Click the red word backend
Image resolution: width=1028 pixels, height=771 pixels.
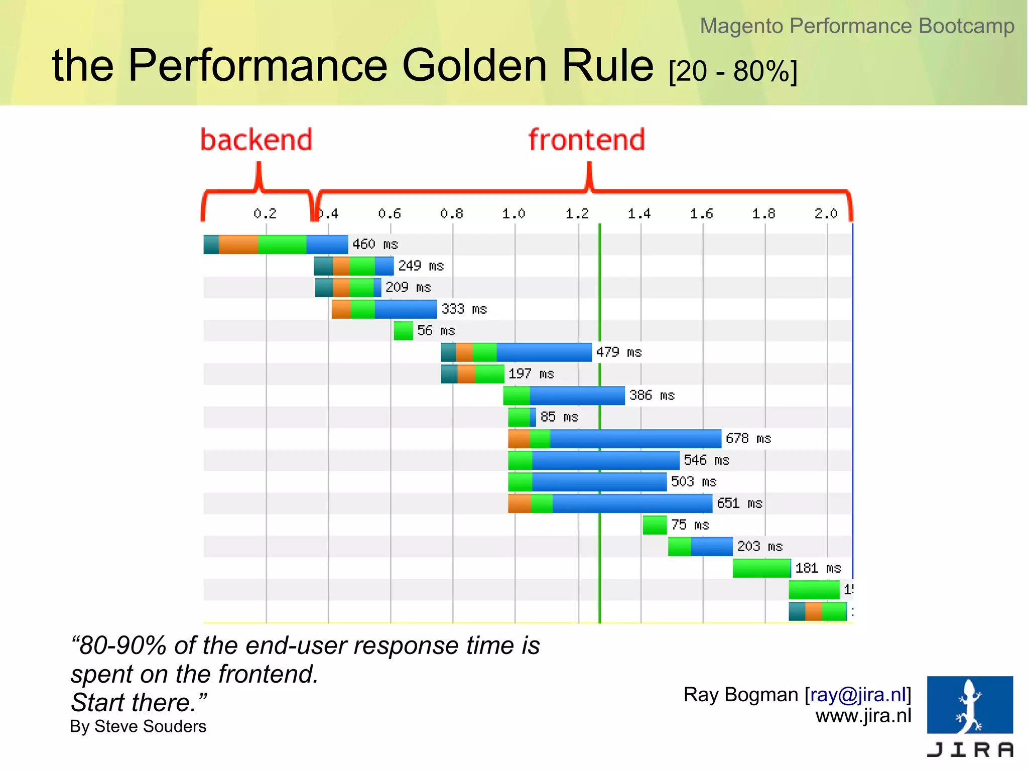click(256, 140)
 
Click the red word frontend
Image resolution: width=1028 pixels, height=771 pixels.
click(586, 140)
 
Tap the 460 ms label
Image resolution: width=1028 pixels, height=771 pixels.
click(375, 244)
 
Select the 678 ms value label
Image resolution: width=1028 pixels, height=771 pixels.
click(748, 439)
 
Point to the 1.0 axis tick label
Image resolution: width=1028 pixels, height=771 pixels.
click(513, 214)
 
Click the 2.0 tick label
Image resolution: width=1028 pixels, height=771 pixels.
click(826, 214)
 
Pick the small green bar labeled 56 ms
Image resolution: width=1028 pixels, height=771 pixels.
click(403, 331)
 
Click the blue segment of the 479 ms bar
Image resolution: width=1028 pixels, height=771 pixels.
click(544, 352)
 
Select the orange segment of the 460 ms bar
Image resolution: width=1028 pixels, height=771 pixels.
click(238, 244)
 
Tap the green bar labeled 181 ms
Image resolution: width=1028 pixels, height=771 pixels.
click(761, 568)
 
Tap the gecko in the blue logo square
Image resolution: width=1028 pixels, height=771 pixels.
click(970, 705)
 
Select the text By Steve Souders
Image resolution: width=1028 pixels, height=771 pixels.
click(138, 726)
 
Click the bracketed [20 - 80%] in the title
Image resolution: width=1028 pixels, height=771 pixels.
click(733, 71)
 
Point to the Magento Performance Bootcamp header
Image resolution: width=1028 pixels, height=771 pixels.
click(857, 26)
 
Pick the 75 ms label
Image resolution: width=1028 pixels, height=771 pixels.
click(690, 525)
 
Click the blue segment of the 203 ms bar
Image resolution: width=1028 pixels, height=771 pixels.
click(711, 547)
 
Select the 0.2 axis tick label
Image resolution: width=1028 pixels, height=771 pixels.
click(265, 214)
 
